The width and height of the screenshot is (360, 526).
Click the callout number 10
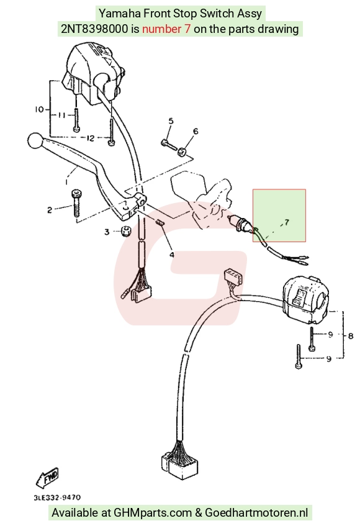point(39,109)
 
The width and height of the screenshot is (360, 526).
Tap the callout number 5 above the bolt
point(171,120)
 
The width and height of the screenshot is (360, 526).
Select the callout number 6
point(196,131)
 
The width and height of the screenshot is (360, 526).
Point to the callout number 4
point(171,255)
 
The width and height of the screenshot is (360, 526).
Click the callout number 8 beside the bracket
point(351,335)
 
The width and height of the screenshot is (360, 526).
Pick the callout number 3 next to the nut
point(107,232)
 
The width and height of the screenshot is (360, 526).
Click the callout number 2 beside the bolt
point(50,211)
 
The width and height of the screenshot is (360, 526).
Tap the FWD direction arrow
point(48,477)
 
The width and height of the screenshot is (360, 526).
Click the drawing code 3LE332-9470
point(57,497)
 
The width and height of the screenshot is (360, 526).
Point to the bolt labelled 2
point(76,203)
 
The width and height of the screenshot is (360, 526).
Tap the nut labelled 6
point(182,152)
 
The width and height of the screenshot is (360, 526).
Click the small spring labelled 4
point(160,222)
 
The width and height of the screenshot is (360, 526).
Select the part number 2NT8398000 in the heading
point(94,29)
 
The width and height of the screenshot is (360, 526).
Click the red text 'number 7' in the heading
point(166,29)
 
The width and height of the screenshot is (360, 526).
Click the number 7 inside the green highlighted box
point(287,222)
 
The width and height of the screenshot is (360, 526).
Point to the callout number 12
point(90,138)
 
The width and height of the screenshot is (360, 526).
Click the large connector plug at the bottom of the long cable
point(179,464)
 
